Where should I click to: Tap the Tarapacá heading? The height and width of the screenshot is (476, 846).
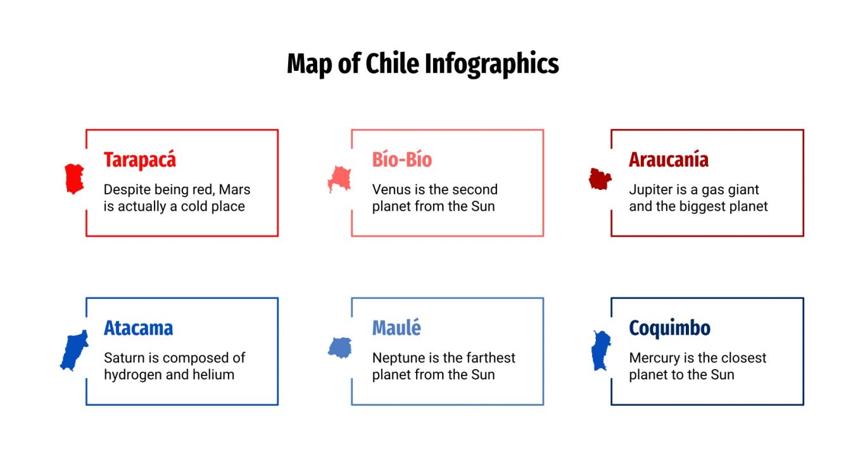coord(140,160)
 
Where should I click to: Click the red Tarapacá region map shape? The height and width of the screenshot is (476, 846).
coord(74,178)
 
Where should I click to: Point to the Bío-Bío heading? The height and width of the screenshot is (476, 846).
coord(401,160)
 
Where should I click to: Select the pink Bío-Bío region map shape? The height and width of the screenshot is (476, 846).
coord(339,179)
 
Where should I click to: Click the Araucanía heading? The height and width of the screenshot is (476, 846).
coord(668,160)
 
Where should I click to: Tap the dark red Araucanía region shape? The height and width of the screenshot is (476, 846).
coord(599,179)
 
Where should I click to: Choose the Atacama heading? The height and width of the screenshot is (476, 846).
coord(138,328)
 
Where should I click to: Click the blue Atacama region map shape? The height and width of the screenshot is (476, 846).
coord(74,350)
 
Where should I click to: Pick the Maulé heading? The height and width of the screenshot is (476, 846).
coord(396,328)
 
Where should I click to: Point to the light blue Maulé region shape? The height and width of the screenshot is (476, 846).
coord(340,348)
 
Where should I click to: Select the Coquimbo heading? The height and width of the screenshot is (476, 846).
coord(669,328)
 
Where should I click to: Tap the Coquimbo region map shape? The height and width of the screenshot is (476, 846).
coord(600,351)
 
